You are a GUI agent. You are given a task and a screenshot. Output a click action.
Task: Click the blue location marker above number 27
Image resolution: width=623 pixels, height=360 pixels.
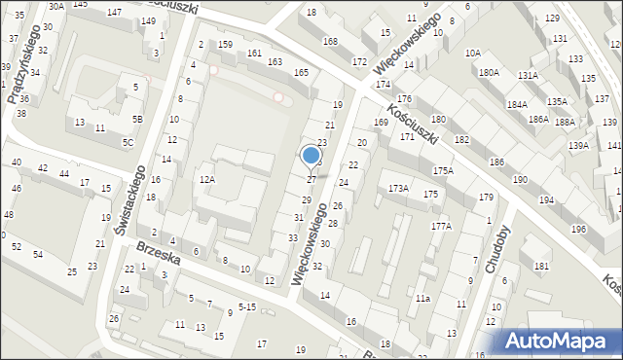point(311,156)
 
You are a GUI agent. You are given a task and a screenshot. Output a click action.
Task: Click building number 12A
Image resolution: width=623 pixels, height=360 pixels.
point(206,180)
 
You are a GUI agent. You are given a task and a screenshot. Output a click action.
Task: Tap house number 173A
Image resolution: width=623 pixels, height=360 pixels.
point(399,188)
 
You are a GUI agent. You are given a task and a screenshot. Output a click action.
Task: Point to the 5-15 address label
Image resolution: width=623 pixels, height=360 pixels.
point(247,307)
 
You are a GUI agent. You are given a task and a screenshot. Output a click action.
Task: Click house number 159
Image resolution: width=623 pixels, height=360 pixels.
point(225,46)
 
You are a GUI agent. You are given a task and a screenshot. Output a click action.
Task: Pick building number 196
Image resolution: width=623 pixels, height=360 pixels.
point(579,230)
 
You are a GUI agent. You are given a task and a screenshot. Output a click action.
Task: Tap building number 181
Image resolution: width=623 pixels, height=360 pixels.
point(541,267)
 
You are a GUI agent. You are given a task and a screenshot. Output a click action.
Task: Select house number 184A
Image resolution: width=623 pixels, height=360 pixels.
point(517,104)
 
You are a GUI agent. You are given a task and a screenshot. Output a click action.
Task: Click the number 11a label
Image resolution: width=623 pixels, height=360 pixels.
point(421,299)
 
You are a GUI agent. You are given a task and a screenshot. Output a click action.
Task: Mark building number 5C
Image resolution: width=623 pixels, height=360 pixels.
point(128,143)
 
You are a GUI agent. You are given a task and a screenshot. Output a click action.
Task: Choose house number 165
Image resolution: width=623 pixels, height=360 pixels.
point(302,73)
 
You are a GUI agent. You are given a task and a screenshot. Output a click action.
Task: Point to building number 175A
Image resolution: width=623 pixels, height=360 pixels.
point(444,171)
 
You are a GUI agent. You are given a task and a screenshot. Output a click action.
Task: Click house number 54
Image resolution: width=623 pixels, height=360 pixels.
point(38,255)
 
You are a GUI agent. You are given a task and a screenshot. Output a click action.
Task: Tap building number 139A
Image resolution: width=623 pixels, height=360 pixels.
point(579,146)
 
